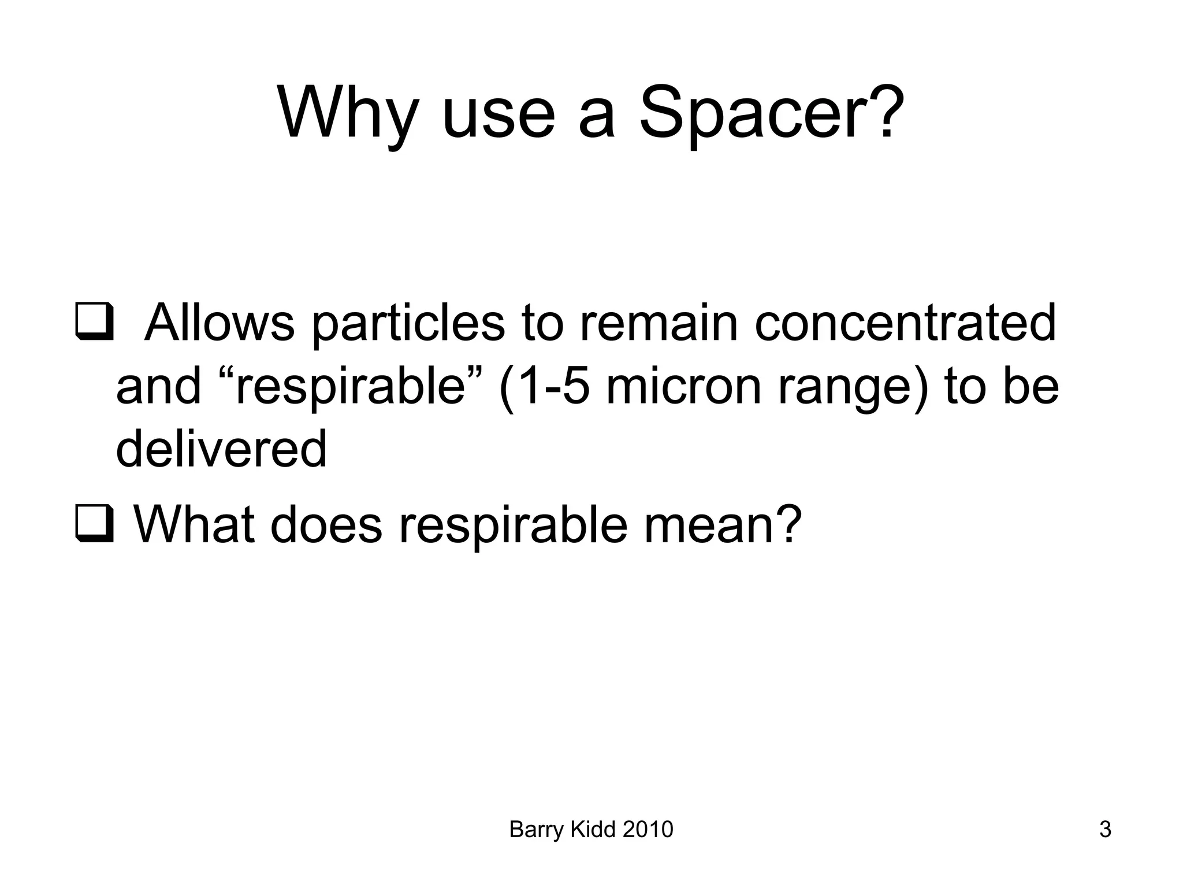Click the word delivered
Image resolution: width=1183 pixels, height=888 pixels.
tap(221, 450)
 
